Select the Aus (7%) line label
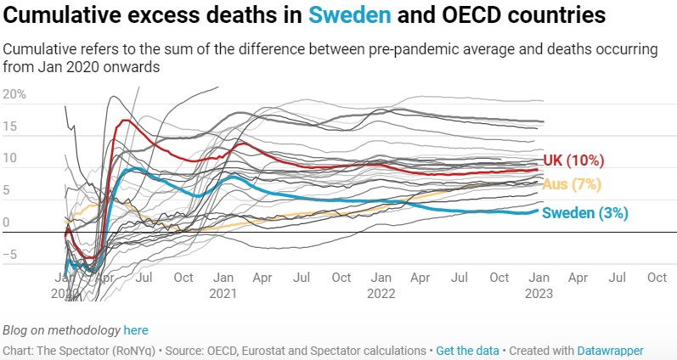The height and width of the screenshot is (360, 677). (x=573, y=184)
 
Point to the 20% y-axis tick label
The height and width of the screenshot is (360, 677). (x=14, y=94)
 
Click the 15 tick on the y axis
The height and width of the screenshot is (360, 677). (x=10, y=127)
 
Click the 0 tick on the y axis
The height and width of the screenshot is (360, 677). (x=6, y=222)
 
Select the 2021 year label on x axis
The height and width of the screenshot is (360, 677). (x=223, y=293)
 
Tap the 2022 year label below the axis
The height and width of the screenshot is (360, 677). (x=381, y=293)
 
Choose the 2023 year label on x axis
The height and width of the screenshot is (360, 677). (x=539, y=293)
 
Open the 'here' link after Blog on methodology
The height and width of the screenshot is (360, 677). (x=136, y=329)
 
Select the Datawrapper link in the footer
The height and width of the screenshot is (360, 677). (x=611, y=350)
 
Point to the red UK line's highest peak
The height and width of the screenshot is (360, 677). (x=127, y=121)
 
